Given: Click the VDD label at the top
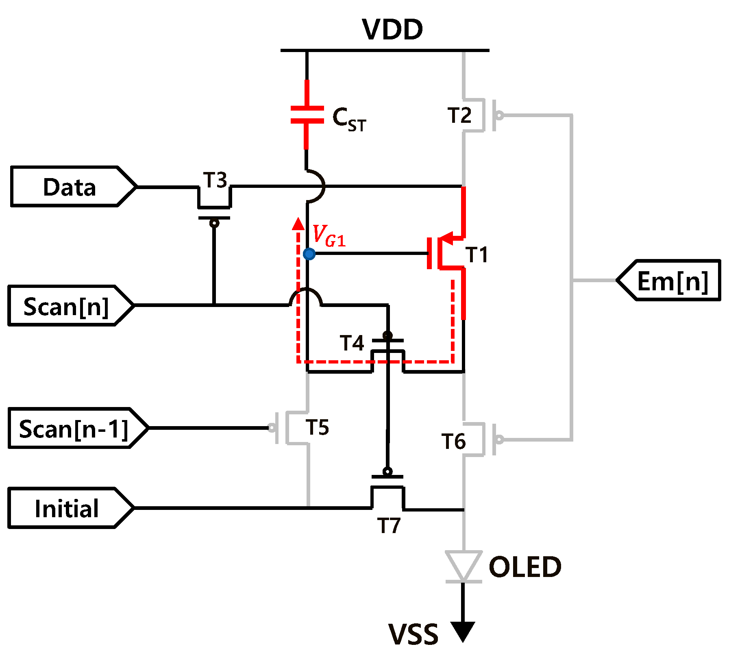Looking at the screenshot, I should click(x=392, y=30).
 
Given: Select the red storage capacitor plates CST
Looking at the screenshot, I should click(x=307, y=115).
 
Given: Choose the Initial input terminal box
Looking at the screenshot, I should click(x=67, y=508).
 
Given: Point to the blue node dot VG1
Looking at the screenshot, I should click(x=309, y=254).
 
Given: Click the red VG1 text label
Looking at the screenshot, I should click(x=329, y=236).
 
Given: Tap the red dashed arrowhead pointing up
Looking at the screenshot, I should click(x=298, y=224).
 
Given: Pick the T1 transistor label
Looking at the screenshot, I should click(x=477, y=255).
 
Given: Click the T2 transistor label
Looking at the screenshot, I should click(x=459, y=115).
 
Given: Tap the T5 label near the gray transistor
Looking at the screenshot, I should click(x=317, y=427).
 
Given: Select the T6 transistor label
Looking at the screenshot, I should click(x=453, y=441).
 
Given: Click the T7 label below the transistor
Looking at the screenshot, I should click(x=389, y=525).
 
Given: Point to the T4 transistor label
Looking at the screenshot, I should click(x=352, y=343).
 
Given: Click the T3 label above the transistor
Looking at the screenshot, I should click(x=215, y=180).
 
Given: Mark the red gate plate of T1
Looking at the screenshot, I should click(x=429, y=253).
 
